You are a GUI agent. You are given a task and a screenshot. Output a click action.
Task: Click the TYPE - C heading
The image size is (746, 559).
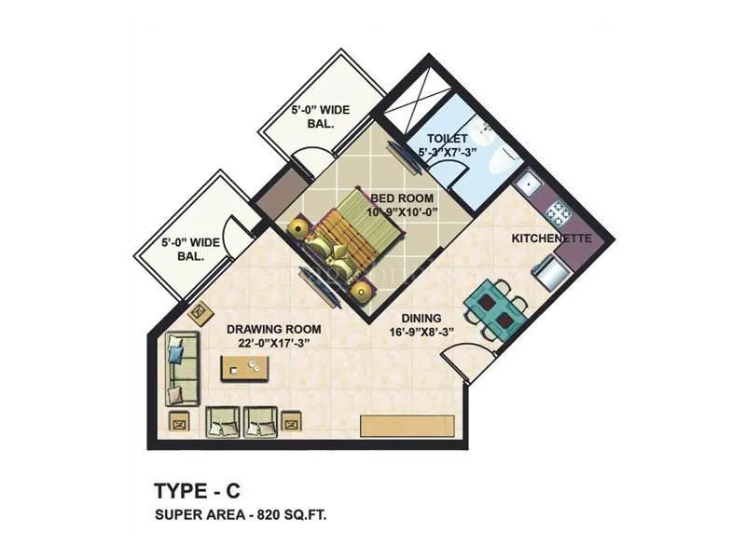tap(198, 490)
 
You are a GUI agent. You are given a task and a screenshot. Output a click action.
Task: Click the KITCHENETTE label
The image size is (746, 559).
tap(551, 239)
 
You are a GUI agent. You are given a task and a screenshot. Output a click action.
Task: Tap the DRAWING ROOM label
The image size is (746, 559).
tap(275, 329)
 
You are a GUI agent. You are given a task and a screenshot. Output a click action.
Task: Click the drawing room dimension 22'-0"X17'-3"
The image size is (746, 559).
tap(275, 343)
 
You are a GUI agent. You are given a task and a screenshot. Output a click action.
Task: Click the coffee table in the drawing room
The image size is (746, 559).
tap(245, 369)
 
